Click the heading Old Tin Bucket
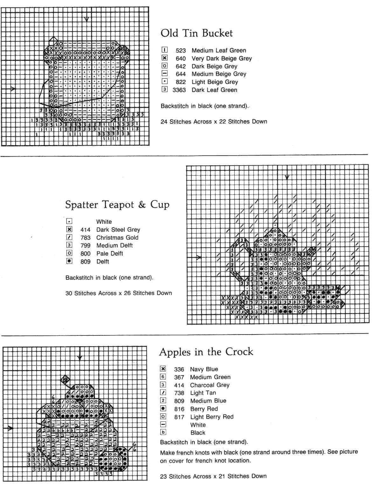(x=197, y=33)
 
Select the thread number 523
(x=181, y=51)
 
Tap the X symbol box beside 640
(x=164, y=58)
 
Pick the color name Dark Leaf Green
(x=214, y=90)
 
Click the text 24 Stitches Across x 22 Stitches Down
(x=214, y=122)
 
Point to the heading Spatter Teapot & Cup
(x=117, y=204)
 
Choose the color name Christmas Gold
(x=117, y=238)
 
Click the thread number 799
(x=85, y=246)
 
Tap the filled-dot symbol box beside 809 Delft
(x=69, y=261)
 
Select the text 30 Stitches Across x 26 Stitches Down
(x=119, y=293)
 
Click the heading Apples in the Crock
(x=206, y=352)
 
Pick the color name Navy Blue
(x=204, y=369)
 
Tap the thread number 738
(x=179, y=393)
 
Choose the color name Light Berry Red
(x=212, y=417)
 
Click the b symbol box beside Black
(x=163, y=432)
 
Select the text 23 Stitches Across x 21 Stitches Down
(x=213, y=476)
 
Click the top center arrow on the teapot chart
(x=287, y=177)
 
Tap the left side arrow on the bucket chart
(x=13, y=89)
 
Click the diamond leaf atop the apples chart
(x=65, y=379)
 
